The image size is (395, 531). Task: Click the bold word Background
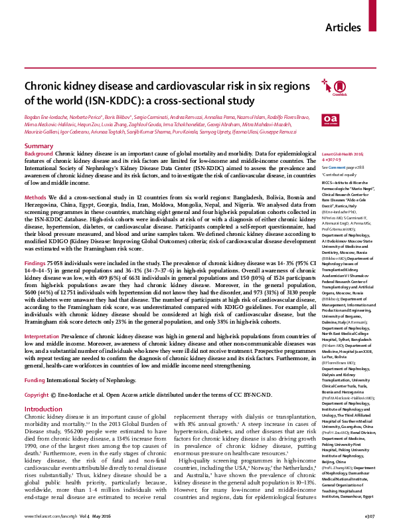coord(39,154)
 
